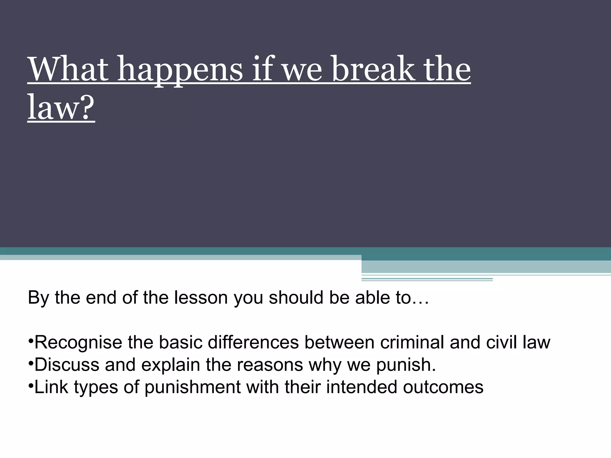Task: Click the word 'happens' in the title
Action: [180, 70]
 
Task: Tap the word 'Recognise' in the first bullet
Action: [78, 342]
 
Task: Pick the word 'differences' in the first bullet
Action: [253, 342]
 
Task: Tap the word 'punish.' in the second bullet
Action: [406, 365]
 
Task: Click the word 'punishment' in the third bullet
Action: [192, 387]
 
